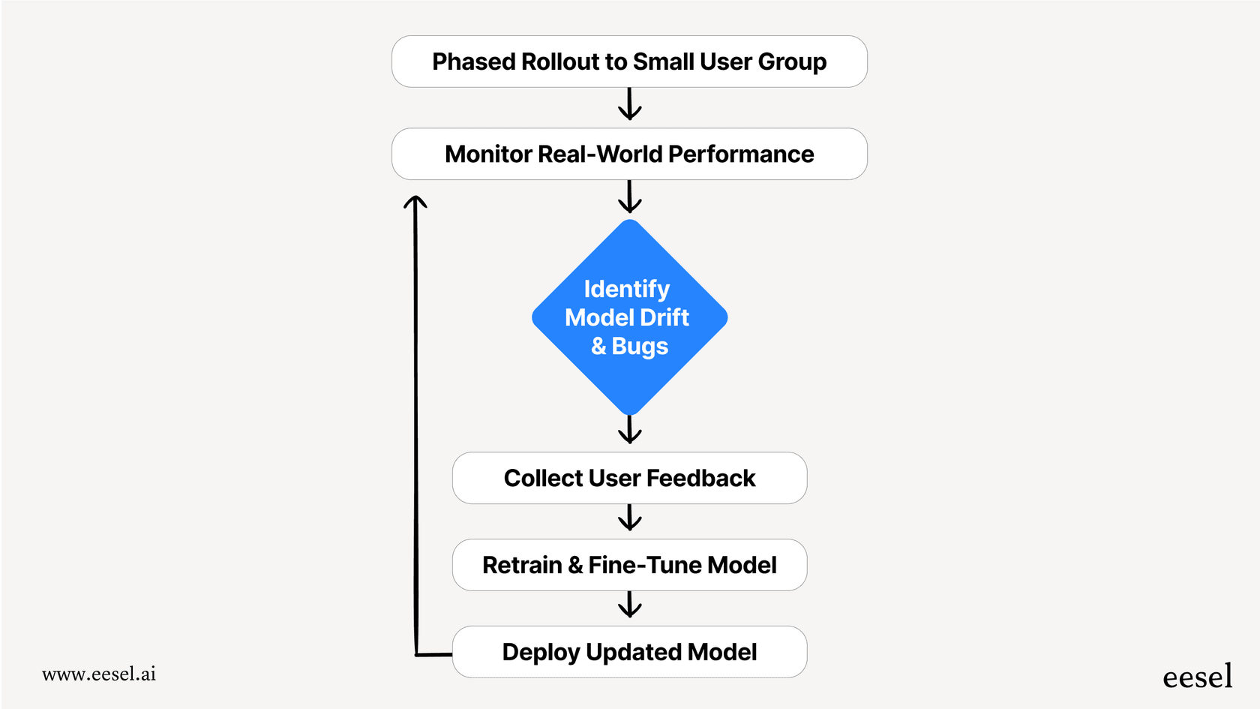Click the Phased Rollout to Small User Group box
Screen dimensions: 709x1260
[629, 62]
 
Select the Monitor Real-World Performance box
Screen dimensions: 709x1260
[629, 154]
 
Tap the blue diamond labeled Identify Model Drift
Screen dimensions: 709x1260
[629, 317]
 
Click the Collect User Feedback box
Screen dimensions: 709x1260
[629, 478]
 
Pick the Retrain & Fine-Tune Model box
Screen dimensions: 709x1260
[629, 565]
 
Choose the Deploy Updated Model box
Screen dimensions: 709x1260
[629, 652]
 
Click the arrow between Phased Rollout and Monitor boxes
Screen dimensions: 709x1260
[629, 105]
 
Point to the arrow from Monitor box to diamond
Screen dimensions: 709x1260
[629, 197]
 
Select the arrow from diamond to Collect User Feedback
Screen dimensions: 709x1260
[629, 430]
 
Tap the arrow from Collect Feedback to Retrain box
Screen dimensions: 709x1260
[629, 518]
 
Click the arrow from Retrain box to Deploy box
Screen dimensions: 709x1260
[629, 605]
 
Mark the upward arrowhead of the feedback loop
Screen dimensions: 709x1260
[415, 203]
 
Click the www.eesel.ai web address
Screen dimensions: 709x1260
[99, 674]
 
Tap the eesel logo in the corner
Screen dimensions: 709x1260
[1197, 677]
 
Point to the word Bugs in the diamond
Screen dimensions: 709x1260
[640, 347]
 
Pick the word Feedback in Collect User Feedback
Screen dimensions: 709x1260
[700, 478]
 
